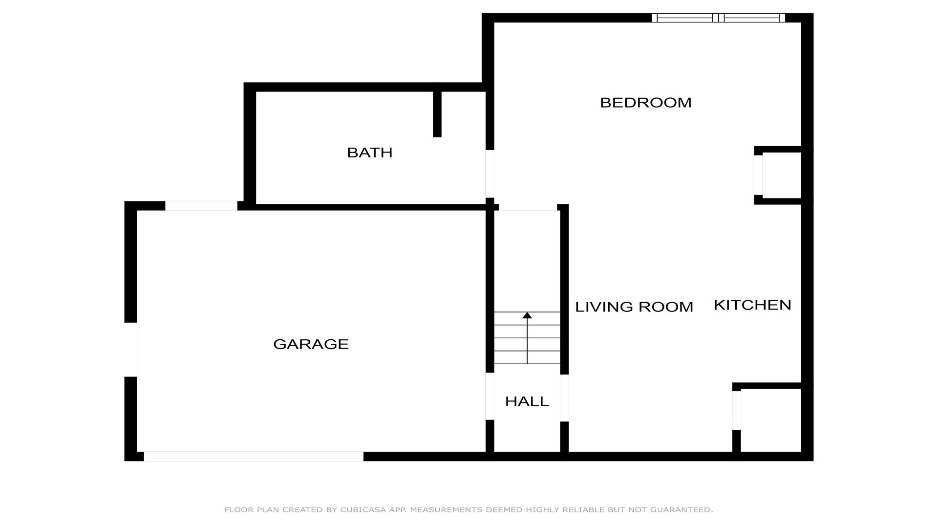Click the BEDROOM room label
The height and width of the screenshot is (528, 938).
coord(645,103)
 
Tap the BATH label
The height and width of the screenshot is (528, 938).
coord(370,153)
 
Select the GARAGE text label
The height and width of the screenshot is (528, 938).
coord(311,344)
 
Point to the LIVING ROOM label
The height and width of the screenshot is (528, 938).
coord(634,307)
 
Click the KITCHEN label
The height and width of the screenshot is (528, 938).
coord(752,305)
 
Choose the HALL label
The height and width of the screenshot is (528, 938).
coord(527,401)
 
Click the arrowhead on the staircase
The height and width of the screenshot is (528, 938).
coord(527,315)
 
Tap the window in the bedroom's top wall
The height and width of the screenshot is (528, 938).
coord(718,18)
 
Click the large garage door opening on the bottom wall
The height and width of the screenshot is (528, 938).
coord(254,456)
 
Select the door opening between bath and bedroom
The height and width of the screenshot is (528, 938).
coord(490,174)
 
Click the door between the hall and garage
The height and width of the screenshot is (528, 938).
coord(490,396)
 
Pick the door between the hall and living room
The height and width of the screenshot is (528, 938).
coord(564,398)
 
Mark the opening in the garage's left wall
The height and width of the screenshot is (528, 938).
coord(130,350)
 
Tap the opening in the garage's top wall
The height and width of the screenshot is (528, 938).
coord(201,206)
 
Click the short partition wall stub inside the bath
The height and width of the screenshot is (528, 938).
coord(437,114)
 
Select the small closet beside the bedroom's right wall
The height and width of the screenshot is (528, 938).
coord(782,176)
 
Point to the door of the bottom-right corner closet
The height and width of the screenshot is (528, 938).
coord(737,411)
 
